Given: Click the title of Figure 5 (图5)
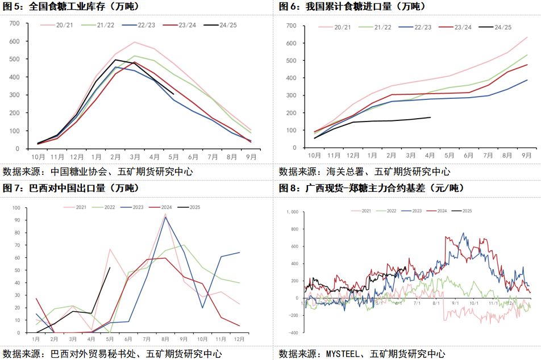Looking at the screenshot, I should point(73,7).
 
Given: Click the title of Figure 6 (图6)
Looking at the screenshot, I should point(352,7).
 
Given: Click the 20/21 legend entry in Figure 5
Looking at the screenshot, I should point(64,26).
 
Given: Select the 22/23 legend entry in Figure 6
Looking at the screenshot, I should point(422,27).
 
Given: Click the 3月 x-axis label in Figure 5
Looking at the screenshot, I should point(135,156).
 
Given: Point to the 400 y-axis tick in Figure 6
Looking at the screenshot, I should point(292,78).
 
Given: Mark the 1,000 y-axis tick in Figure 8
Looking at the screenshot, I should point(290,212).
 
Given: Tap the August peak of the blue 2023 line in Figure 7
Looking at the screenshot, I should point(165,217).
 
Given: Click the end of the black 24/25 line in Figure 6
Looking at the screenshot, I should point(430,118).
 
